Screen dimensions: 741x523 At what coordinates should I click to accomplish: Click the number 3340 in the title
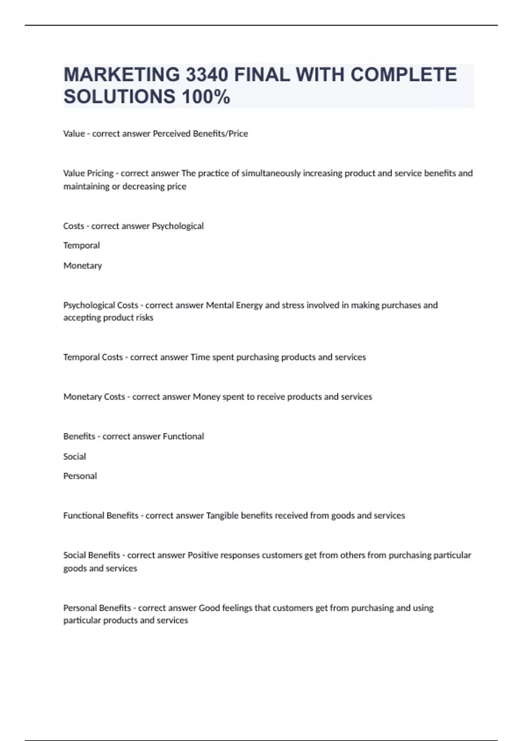coord(207,75)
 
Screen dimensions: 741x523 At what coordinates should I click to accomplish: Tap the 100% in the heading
coord(206,96)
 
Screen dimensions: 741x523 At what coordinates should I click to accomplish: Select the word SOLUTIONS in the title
coord(119,96)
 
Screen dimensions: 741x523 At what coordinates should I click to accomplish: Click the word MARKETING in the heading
coord(121,75)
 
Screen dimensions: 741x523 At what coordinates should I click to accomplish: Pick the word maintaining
coord(86,187)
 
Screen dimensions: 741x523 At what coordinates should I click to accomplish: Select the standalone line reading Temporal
coord(82,245)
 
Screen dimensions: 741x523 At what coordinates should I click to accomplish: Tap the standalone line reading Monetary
coord(83,265)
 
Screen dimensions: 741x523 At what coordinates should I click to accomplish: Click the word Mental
coord(220,305)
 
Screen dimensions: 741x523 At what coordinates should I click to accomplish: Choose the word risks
coord(144,318)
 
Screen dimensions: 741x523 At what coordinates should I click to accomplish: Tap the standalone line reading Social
coord(75,456)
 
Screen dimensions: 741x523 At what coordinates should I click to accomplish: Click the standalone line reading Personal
coord(80,476)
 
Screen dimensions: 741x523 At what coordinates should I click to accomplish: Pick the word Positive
coord(203,555)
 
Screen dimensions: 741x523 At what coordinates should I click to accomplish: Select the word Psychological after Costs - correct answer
coord(177,226)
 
